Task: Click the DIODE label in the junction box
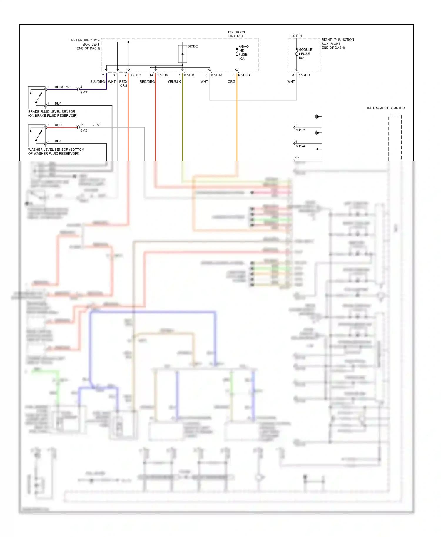193,46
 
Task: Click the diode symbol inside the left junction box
183,54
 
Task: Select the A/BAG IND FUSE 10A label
243,53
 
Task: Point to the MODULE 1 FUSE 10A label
305,54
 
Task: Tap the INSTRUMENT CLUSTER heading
385,108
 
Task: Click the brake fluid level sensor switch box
37,98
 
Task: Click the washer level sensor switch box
37,136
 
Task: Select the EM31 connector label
84,92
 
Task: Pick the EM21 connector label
84,130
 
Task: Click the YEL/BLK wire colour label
174,82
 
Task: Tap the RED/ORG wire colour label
147,82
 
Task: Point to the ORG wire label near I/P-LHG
231,82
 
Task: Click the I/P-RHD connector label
304,75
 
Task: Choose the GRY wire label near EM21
96,125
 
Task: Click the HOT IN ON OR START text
236,34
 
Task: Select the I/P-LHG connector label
244,75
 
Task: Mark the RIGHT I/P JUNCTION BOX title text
338,43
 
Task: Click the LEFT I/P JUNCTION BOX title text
85,44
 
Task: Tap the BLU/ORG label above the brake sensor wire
62,87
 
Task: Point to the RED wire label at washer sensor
58,125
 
